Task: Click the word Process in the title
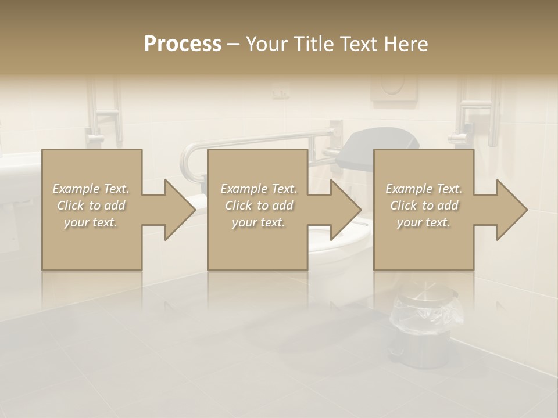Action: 183,44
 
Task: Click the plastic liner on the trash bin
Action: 427,313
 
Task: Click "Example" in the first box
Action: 76,189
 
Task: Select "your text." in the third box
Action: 423,222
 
